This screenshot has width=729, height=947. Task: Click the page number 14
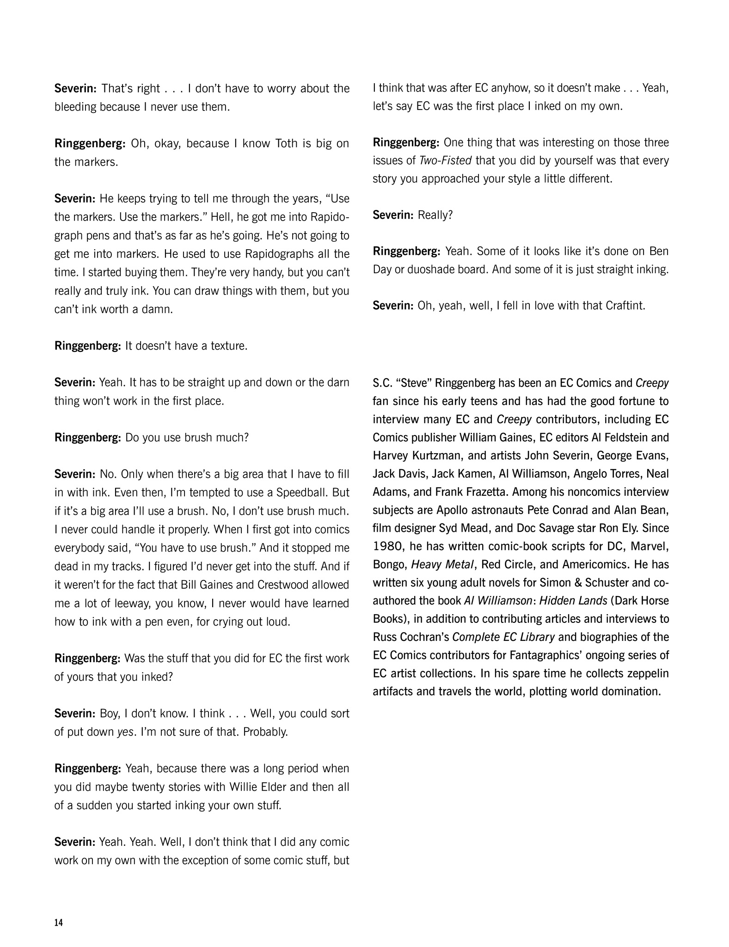[58, 923]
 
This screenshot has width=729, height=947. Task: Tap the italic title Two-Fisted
[445, 160]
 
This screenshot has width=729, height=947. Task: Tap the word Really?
[435, 215]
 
